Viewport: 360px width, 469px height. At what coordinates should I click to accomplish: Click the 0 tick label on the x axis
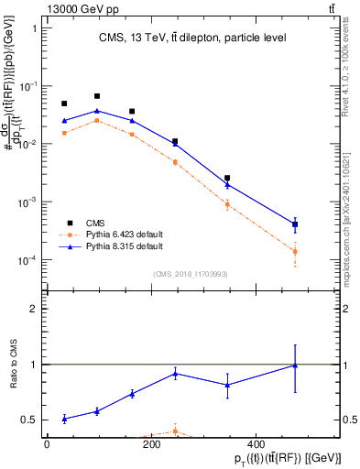point(47,445)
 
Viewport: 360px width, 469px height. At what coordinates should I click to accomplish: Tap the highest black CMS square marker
point(97,96)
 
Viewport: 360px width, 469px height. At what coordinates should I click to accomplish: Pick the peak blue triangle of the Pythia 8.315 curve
point(97,111)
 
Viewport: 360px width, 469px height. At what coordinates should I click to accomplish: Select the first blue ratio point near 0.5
point(64,419)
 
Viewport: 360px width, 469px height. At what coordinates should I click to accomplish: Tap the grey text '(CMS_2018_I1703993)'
point(191,273)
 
